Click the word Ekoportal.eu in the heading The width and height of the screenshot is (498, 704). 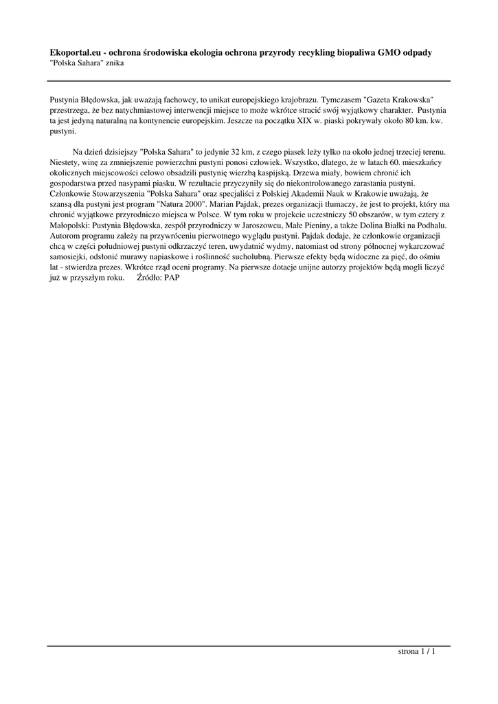click(x=76, y=52)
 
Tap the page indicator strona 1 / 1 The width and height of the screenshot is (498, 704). click(x=417, y=651)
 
